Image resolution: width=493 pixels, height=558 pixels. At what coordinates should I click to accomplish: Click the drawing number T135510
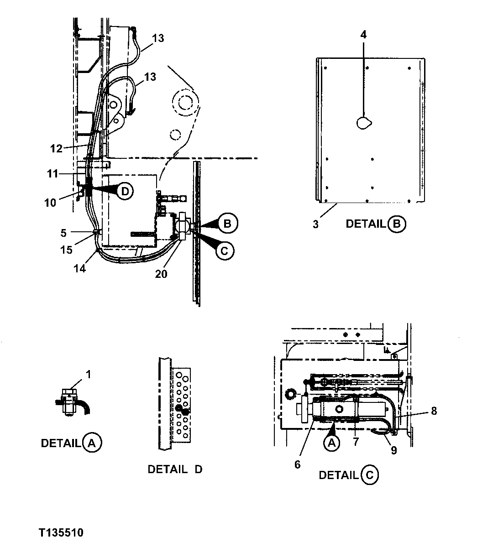tap(61, 533)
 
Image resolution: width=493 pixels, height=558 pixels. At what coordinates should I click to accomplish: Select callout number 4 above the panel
tap(363, 35)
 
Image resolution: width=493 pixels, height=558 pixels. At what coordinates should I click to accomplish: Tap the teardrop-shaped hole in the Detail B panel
tap(364, 122)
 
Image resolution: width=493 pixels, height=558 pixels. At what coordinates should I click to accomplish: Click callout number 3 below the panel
tap(315, 224)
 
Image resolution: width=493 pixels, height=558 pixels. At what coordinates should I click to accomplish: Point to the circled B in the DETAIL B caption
tap(396, 224)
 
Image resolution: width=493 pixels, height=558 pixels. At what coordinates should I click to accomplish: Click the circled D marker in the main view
tap(124, 191)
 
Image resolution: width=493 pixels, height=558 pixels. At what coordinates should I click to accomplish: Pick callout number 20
tap(161, 274)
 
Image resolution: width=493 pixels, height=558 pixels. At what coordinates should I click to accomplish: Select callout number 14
tap(79, 269)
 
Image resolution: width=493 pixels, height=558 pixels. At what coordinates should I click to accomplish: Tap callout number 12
tap(56, 148)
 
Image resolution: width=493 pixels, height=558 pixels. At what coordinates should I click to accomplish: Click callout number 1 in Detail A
tap(89, 375)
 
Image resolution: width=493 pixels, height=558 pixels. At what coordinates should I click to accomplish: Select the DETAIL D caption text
tap(175, 469)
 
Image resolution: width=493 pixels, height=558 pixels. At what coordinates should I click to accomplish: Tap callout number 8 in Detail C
tap(434, 411)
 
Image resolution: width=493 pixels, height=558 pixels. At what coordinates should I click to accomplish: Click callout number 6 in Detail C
tap(298, 464)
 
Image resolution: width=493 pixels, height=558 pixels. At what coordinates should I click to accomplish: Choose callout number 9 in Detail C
tap(393, 450)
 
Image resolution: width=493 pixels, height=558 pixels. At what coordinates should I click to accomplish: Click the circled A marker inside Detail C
tap(332, 443)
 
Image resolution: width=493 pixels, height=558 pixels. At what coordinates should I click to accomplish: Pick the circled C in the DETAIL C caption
tap(369, 475)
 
